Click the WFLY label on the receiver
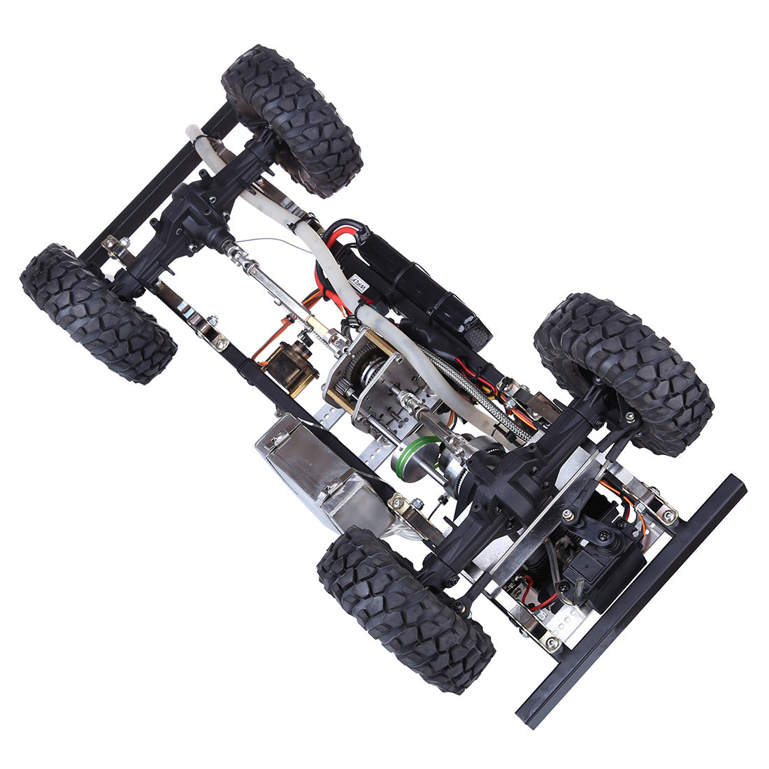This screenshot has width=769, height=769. point(359,283)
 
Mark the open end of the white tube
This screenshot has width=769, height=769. point(192,131)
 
